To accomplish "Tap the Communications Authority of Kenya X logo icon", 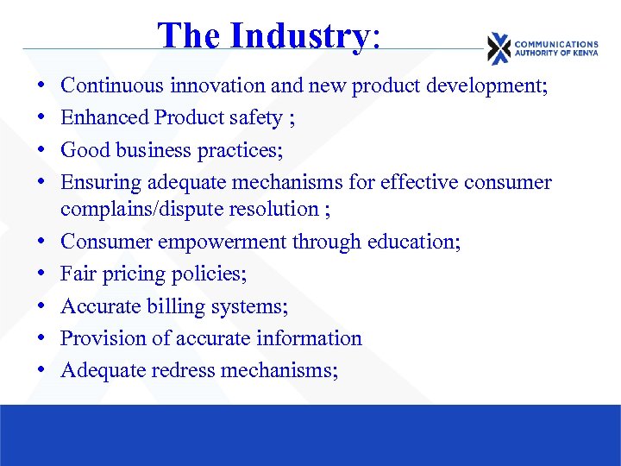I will [499, 48].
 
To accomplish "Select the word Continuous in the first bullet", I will [113, 85].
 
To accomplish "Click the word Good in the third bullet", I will [85, 149].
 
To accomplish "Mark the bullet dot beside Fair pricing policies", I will [41, 274].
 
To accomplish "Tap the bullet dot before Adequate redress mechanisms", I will [41, 370].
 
